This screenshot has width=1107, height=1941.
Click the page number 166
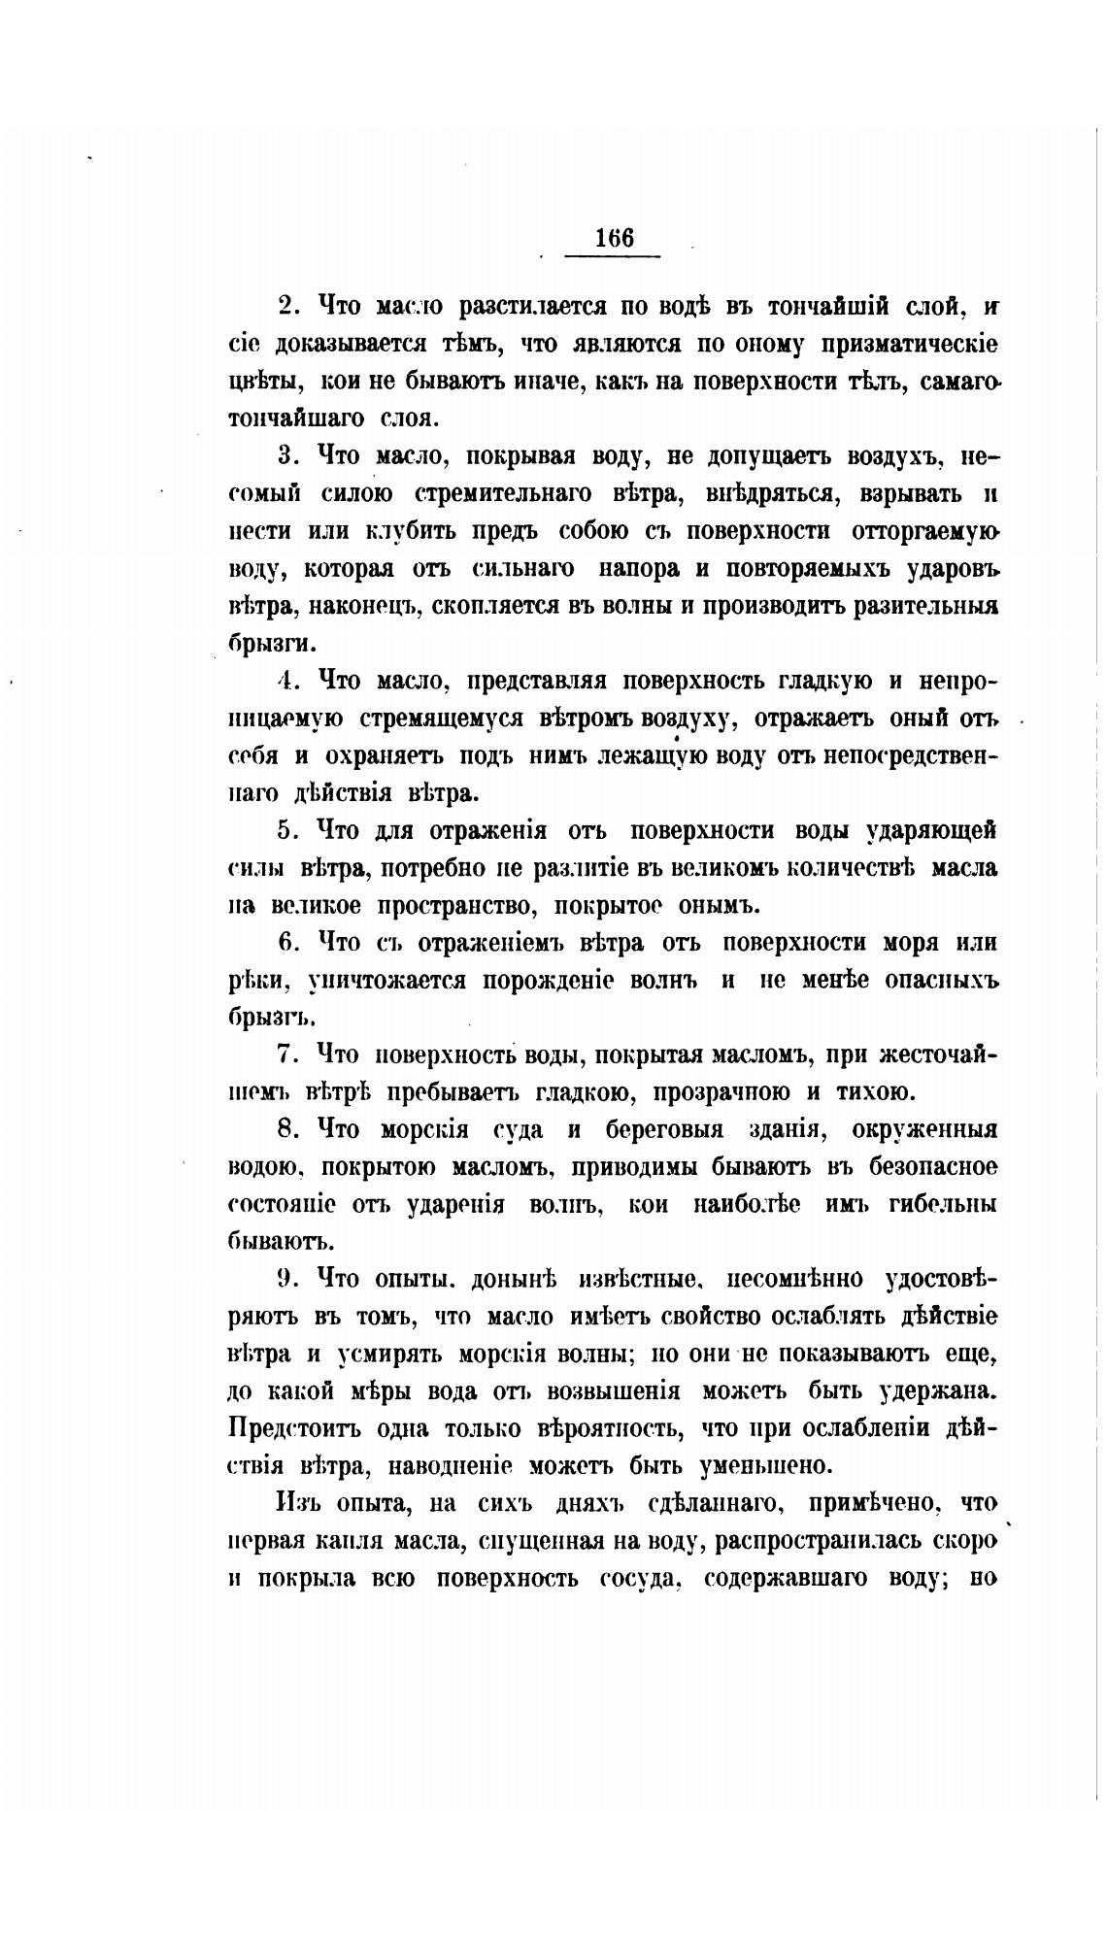pyautogui.click(x=614, y=238)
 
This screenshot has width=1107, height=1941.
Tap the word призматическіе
pyautogui.click(x=908, y=344)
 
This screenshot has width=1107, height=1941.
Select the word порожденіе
pyautogui.click(x=512, y=981)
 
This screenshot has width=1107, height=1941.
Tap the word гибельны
pyautogui.click(x=942, y=1205)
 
